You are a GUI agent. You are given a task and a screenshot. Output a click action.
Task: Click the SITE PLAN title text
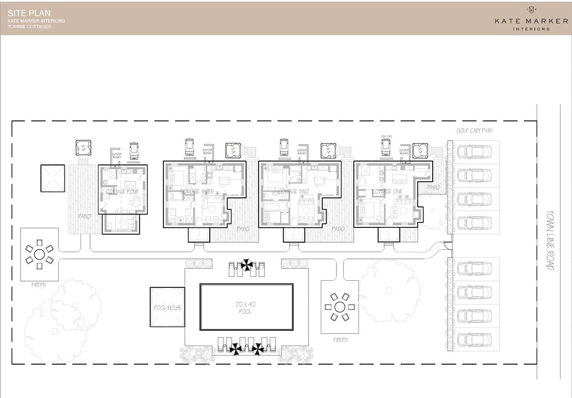pos(29,13)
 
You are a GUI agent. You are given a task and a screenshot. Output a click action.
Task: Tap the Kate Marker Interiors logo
pos(531,19)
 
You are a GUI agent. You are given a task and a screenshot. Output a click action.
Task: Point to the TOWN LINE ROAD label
pos(551,241)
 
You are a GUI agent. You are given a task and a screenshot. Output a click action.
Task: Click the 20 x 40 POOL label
pos(246,307)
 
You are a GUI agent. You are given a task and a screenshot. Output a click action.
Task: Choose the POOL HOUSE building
pos(167,307)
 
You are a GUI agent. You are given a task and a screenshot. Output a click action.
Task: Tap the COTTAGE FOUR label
pos(122,192)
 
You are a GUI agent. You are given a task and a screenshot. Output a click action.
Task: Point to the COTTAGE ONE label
pos(387,192)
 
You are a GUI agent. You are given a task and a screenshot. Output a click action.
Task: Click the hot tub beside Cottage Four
pos(83,148)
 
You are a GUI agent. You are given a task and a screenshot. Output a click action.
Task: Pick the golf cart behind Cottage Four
pos(134,150)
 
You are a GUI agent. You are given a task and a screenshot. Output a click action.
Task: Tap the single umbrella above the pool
pos(247,265)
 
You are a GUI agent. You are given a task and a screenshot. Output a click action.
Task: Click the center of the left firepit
pos(39,254)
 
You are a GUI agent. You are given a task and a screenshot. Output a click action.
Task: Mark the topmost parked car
pos(474,152)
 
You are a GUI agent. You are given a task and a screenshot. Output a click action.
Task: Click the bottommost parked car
pos(474,339)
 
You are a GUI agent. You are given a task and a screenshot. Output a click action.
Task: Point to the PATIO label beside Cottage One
pos(433,187)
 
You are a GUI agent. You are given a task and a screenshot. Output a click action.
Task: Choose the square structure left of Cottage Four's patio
pos(52,178)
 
